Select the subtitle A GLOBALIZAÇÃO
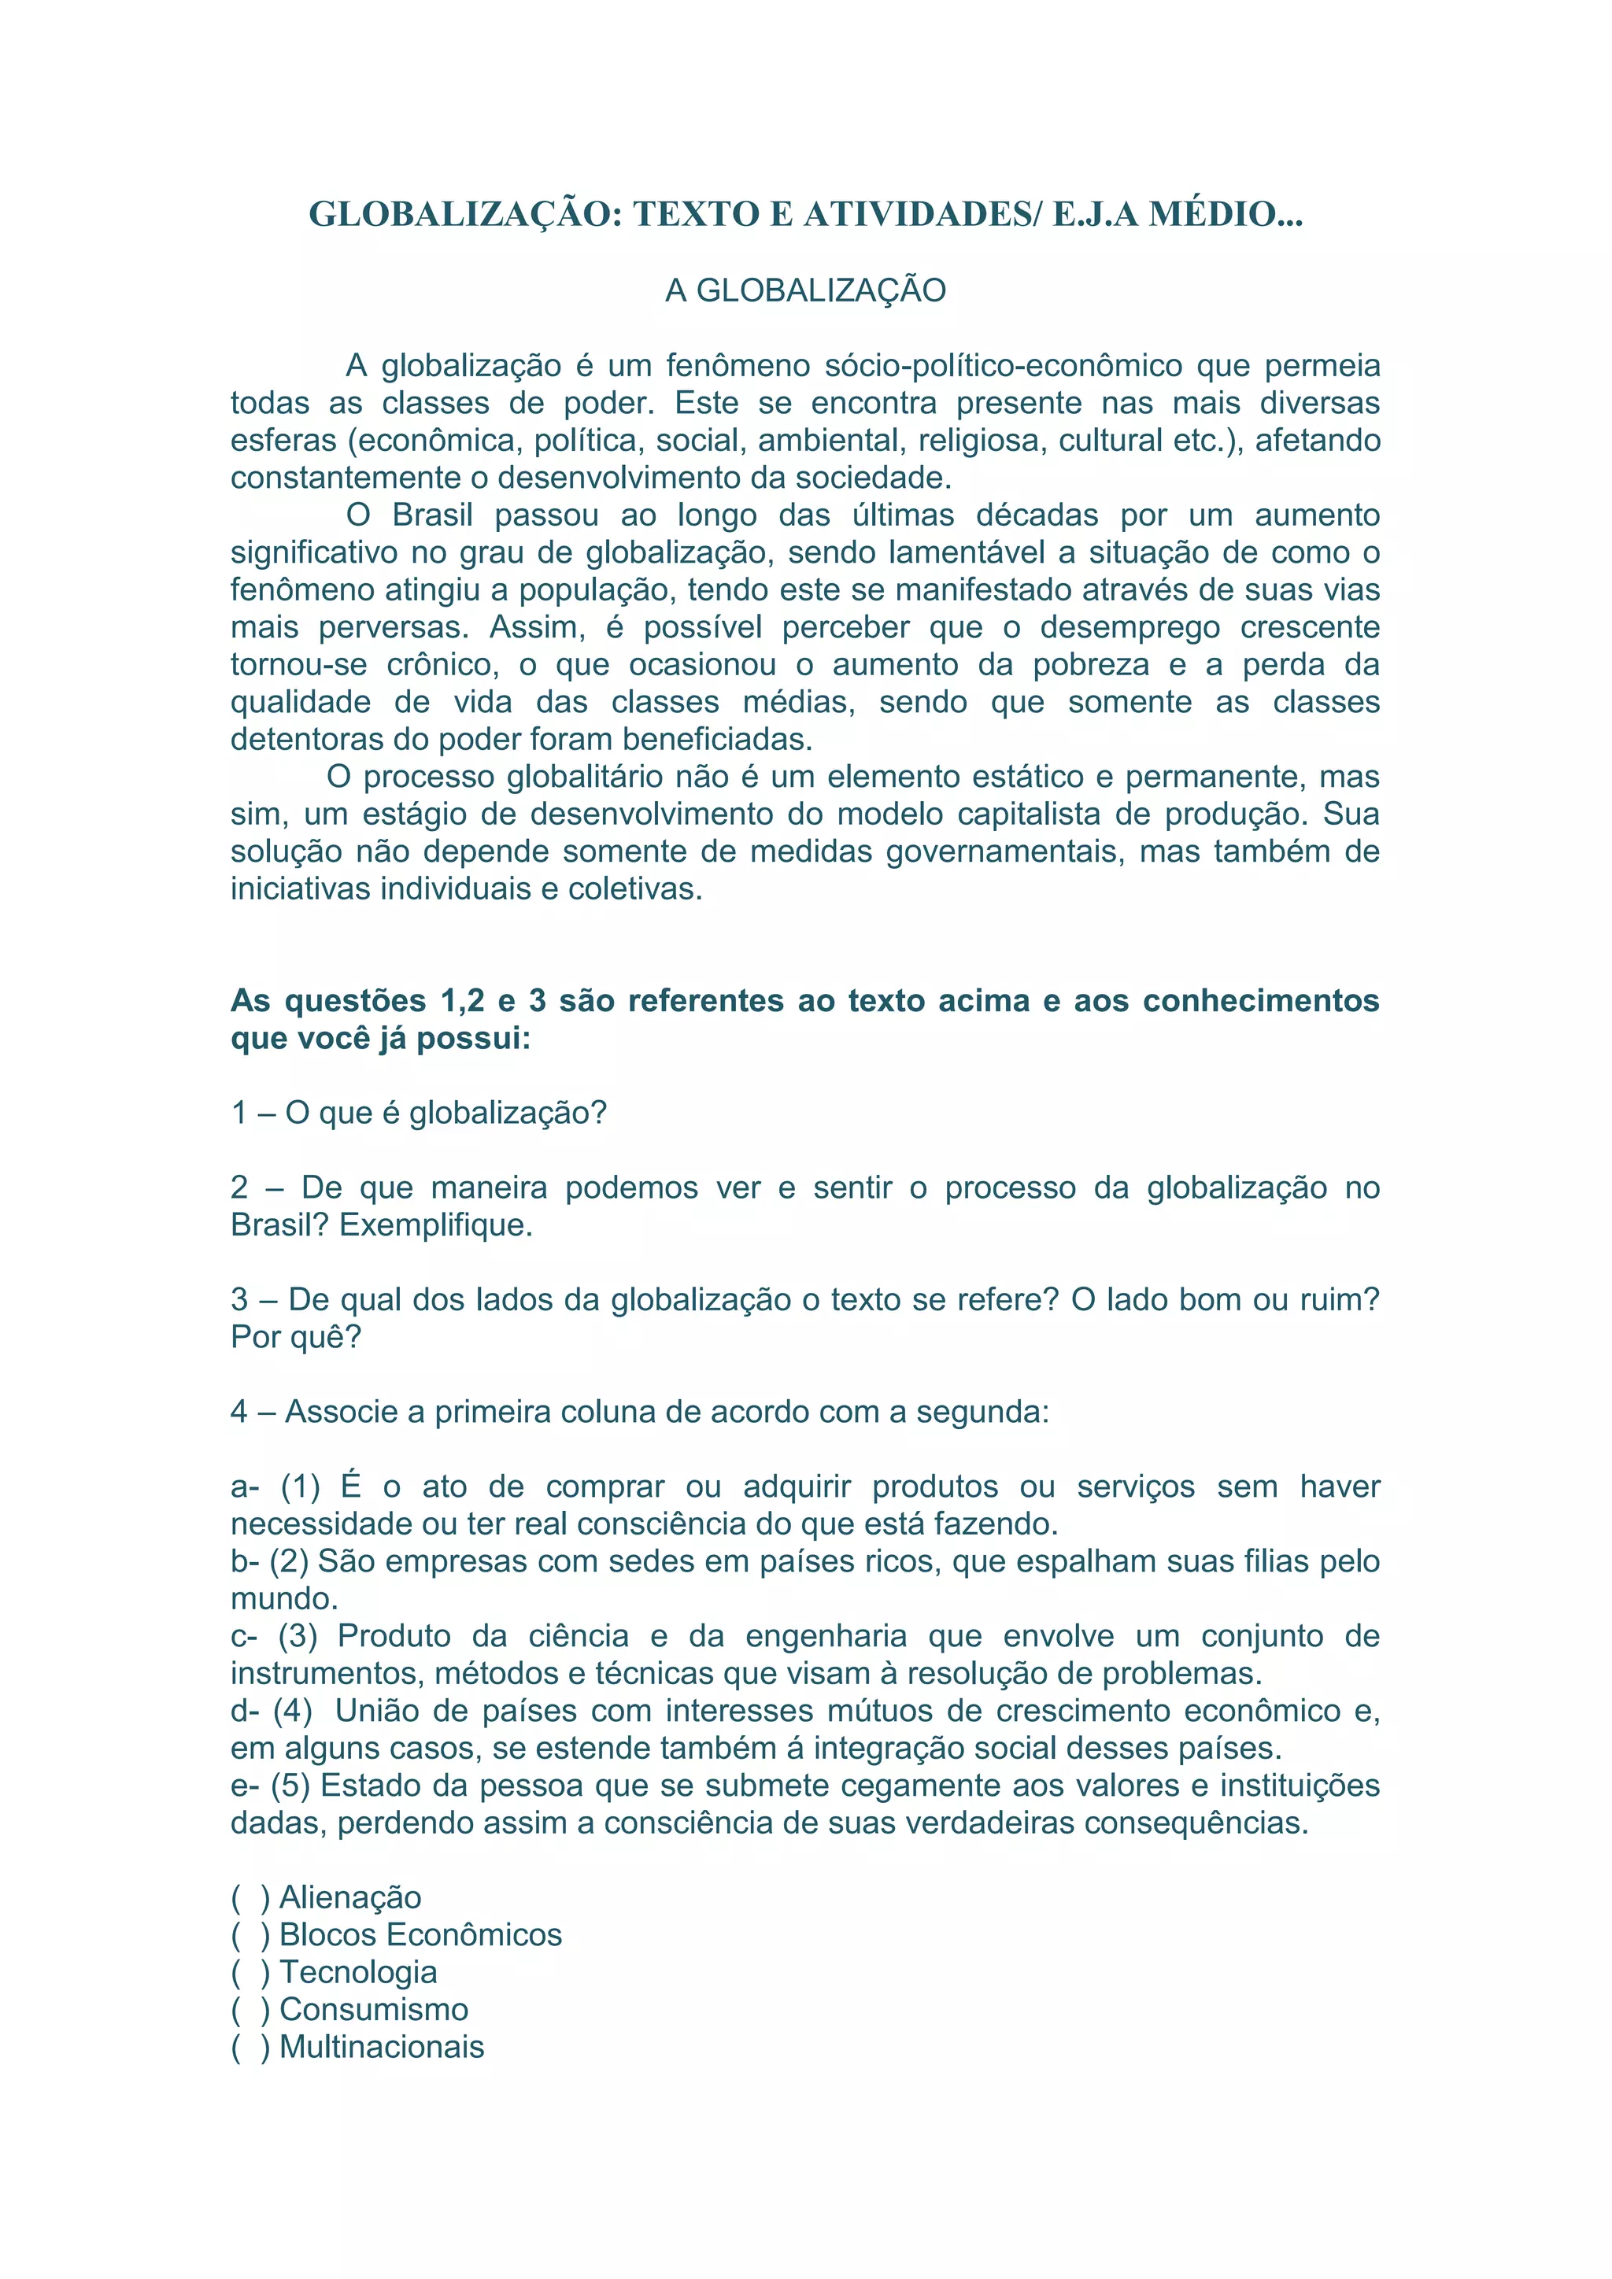click(805, 291)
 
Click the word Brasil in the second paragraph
click(433, 516)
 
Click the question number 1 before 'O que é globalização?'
click(239, 1114)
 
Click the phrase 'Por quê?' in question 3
click(296, 1338)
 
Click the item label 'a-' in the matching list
click(244, 1487)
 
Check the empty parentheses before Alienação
click(250, 1899)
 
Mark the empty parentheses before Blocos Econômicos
click(250, 1936)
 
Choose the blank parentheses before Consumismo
click(250, 2010)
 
